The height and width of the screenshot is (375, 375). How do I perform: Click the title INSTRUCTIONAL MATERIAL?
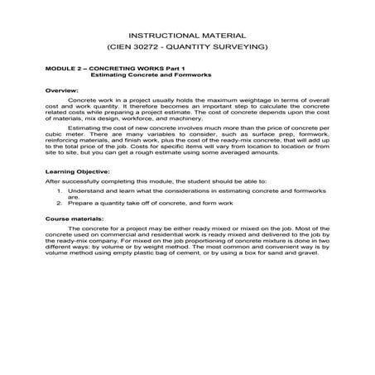[x=187, y=36]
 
